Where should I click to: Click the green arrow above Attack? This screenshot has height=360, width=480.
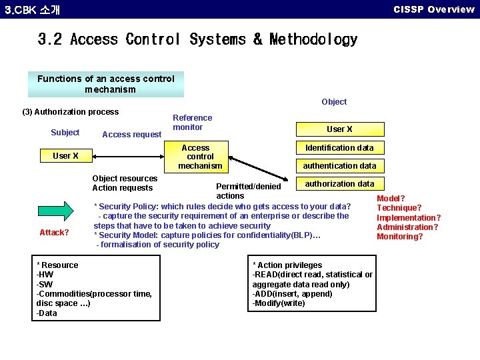pos(59,210)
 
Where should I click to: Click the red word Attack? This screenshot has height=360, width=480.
pos(54,233)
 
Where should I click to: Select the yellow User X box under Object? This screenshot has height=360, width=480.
pos(339,129)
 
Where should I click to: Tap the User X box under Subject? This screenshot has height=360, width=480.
pos(65,156)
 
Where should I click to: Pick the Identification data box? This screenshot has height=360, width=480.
pos(339,148)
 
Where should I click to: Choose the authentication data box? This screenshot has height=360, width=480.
pos(339,166)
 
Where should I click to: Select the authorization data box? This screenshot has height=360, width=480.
pos(339,184)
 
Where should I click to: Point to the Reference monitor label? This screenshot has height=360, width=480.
pos(192,122)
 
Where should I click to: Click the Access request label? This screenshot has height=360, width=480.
pos(131,135)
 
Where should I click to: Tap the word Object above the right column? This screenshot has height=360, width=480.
pos(334,102)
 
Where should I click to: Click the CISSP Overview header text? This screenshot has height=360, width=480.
pos(433,9)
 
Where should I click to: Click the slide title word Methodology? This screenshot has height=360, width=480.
pos(313,40)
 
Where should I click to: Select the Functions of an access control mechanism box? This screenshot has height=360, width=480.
pos(106,84)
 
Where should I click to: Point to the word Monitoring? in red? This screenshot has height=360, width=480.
pos(399,237)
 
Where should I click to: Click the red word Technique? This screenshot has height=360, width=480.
pos(399,208)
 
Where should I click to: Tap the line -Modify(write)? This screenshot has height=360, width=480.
pos(279,303)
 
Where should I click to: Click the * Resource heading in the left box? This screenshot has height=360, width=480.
pos(57,265)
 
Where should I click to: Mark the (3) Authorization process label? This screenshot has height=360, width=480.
pos(71,112)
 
